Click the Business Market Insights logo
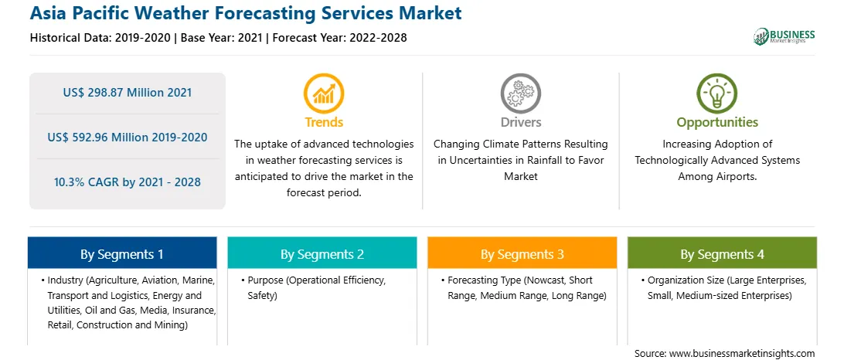pyautogui.click(x=784, y=36)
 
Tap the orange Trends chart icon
pyautogui.click(x=324, y=93)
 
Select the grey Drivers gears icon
pyautogui.click(x=520, y=93)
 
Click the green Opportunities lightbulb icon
pyautogui.click(x=717, y=93)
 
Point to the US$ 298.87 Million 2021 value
pyautogui.click(x=127, y=93)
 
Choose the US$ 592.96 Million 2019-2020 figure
pyautogui.click(x=127, y=138)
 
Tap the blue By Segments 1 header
pyautogui.click(x=122, y=253)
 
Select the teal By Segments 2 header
pyautogui.click(x=322, y=253)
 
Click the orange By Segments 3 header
pyautogui.click(x=522, y=253)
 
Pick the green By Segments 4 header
pyautogui.click(x=723, y=253)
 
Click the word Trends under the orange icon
pyautogui.click(x=324, y=122)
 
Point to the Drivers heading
pyautogui.click(x=521, y=122)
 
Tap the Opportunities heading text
pyautogui.click(x=717, y=122)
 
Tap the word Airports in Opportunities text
pyautogui.click(x=737, y=176)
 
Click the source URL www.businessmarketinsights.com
pyautogui.click(x=742, y=353)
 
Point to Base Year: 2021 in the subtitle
pyautogui.click(x=222, y=38)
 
